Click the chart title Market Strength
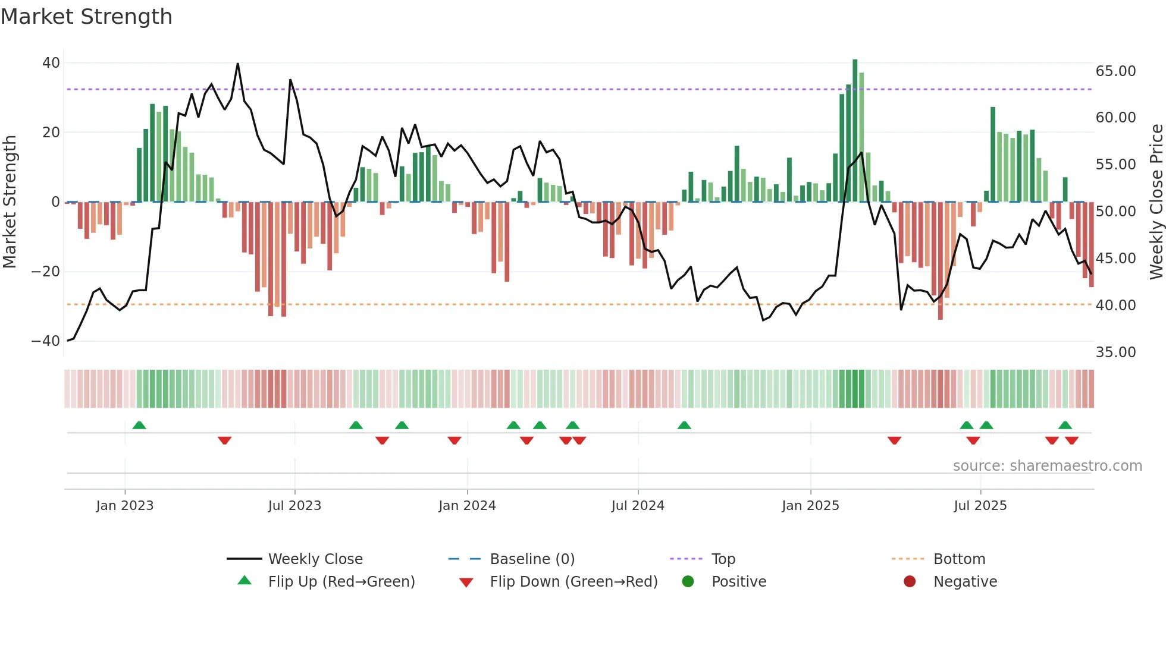(x=86, y=17)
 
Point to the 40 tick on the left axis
(x=51, y=63)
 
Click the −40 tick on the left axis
(x=46, y=341)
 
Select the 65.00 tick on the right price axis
(x=1115, y=71)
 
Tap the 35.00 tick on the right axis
(x=1115, y=352)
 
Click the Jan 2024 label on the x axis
(x=467, y=506)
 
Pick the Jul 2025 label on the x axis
(x=980, y=506)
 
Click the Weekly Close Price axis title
(x=1156, y=202)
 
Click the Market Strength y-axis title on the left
(x=10, y=202)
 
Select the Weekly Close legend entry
(x=315, y=559)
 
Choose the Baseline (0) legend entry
(x=532, y=559)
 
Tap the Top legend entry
(x=723, y=559)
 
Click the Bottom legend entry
(x=959, y=559)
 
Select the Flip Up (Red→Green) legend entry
(x=341, y=582)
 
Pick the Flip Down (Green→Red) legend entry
(x=573, y=582)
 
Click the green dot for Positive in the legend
(x=688, y=582)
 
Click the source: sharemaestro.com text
(x=1047, y=466)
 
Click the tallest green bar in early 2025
(x=855, y=131)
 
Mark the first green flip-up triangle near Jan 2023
(x=139, y=425)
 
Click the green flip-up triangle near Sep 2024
(x=684, y=425)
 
